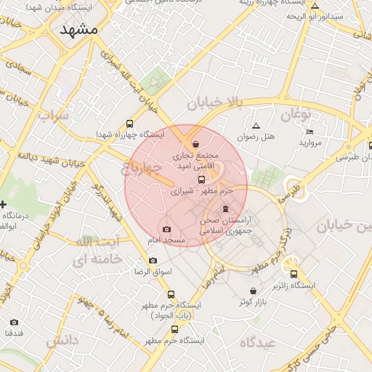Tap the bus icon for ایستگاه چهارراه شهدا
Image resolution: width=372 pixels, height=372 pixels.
coord(129,124)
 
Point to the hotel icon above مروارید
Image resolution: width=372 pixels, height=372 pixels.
coord(310,132)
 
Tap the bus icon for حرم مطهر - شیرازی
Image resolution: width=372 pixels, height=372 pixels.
coord(201,179)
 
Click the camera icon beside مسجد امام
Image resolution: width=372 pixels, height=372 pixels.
coord(167,229)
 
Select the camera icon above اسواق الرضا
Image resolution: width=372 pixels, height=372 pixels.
coord(153,260)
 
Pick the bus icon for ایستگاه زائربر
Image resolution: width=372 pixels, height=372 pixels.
coord(294,274)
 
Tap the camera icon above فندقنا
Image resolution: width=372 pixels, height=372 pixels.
coord(14,322)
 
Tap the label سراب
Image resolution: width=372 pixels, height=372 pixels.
coord(53,116)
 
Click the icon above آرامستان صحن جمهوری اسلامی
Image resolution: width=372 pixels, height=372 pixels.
coord(225,209)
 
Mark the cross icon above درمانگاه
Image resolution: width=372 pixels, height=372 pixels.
coord(3,204)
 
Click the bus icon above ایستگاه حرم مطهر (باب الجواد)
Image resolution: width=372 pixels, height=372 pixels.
coord(171,294)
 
